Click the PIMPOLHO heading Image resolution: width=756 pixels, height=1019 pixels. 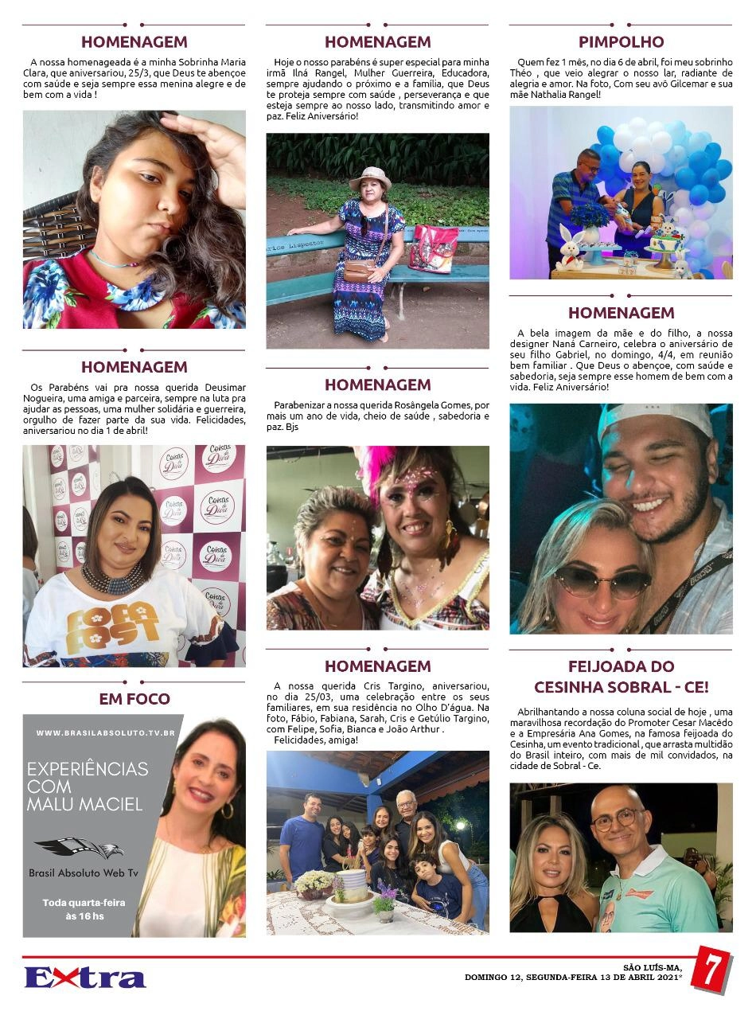(621, 41)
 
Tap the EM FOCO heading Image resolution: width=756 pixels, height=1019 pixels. (134, 699)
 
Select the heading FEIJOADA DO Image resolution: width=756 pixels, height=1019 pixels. (621, 666)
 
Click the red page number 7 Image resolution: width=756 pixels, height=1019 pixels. (711, 970)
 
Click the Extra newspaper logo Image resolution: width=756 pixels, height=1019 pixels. (84, 977)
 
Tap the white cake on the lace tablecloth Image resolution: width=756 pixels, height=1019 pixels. (350, 885)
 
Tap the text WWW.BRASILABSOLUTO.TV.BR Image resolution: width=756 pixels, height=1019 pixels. (105, 732)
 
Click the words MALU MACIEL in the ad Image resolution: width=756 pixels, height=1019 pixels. (84, 804)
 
